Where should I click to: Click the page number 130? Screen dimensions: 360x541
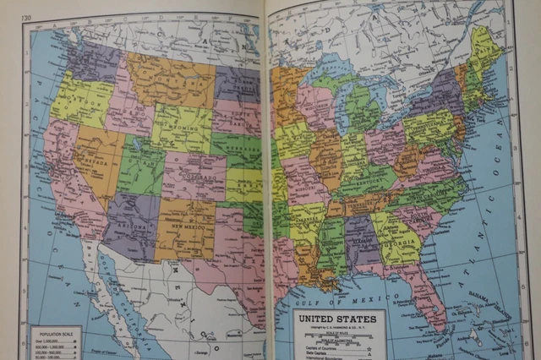pyautogui.click(x=27, y=17)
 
